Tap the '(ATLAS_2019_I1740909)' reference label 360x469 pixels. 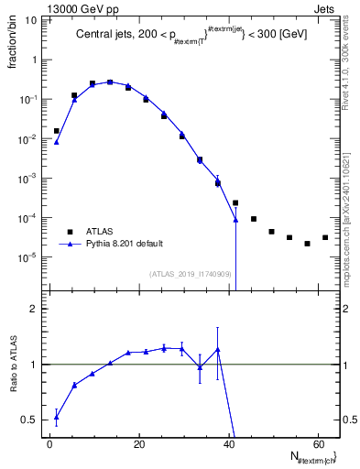190,273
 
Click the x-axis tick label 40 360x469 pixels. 229,444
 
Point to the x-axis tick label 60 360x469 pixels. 318,444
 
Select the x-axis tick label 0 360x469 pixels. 49,444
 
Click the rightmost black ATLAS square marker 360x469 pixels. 325,238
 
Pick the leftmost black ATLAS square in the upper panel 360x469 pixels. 57,131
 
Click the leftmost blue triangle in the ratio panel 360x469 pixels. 57,416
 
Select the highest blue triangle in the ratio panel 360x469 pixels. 218,349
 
